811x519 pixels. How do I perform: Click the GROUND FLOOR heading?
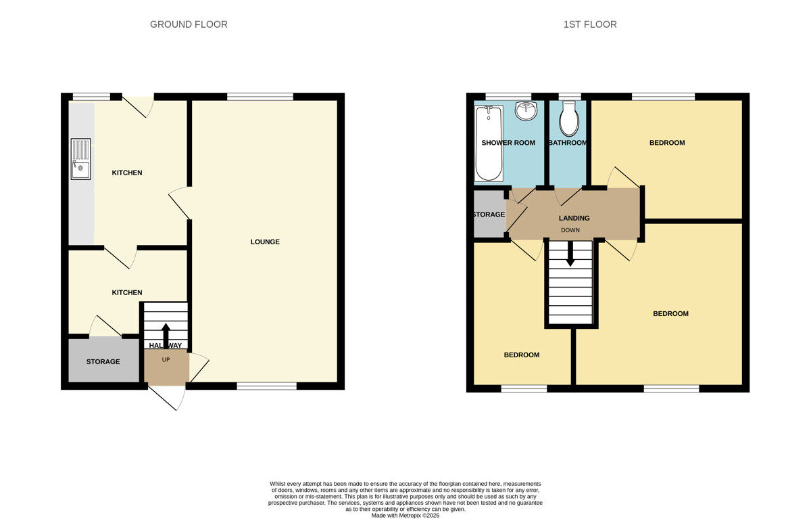tap(189, 24)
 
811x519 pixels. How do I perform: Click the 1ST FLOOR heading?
tap(590, 24)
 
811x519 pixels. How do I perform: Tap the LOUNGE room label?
tap(265, 242)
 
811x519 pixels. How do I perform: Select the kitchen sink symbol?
tap(80, 160)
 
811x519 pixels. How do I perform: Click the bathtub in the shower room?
tap(488, 143)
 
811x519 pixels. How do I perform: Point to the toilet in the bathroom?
tap(569, 119)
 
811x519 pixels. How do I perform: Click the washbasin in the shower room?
tap(525, 110)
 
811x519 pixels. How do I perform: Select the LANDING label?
tap(574, 218)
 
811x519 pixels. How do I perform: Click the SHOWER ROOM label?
tap(508, 143)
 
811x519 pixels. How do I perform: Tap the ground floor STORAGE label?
tap(103, 361)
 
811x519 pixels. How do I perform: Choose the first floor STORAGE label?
tap(489, 215)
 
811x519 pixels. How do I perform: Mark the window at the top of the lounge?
tap(260, 97)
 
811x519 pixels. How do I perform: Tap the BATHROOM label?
tap(568, 143)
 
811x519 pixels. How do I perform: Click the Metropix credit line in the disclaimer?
tap(405, 516)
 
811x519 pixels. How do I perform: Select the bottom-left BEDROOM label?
tap(522, 355)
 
